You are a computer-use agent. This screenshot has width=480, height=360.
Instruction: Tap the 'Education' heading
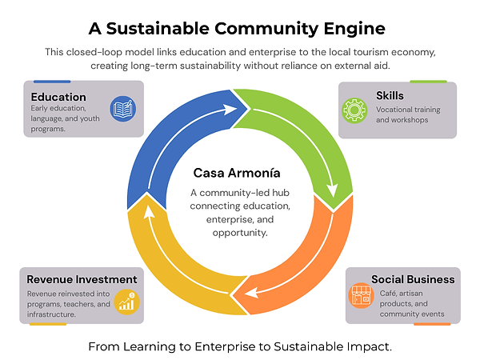(x=58, y=98)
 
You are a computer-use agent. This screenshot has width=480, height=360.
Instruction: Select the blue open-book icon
(x=122, y=108)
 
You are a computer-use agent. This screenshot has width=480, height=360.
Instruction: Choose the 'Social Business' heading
(x=413, y=279)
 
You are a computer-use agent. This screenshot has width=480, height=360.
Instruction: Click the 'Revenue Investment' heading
(x=82, y=279)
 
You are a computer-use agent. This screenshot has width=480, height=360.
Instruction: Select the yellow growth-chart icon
(x=126, y=301)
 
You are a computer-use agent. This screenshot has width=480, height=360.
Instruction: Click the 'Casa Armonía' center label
(x=237, y=173)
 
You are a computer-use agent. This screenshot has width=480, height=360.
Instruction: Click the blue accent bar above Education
(x=52, y=82)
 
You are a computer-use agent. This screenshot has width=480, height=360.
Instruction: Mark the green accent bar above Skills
(x=428, y=82)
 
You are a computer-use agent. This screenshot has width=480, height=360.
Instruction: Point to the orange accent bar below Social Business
(x=432, y=324)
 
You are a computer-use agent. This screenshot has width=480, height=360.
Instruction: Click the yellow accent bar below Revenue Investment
(x=48, y=324)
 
